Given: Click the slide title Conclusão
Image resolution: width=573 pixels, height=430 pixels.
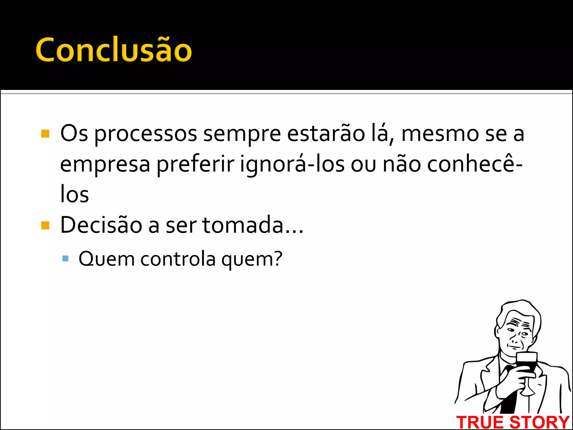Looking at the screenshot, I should (114, 50).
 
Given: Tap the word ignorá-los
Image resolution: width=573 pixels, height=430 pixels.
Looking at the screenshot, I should (292, 165).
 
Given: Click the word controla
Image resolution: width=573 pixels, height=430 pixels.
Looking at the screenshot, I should (178, 259).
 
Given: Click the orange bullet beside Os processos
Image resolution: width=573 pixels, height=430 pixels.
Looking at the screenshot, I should (45, 134).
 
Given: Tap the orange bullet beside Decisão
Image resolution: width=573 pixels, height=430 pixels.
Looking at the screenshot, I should (45, 225).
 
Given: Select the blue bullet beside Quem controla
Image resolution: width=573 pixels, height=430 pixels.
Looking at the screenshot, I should (65, 258).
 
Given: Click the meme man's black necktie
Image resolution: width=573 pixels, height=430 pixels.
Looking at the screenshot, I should (511, 392).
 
